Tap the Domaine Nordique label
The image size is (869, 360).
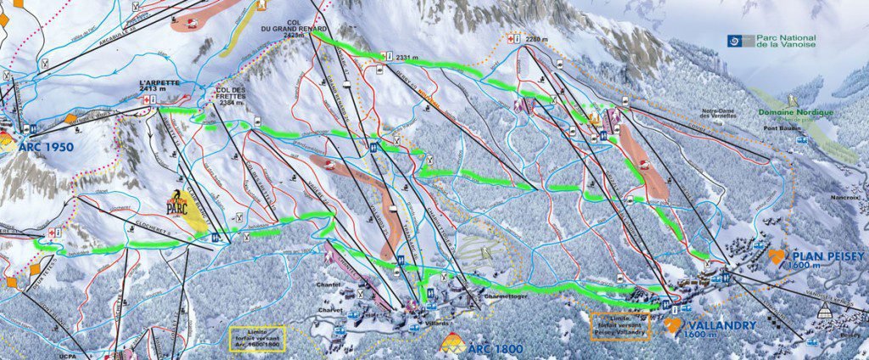[796, 113]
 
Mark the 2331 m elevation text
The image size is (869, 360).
[409, 56]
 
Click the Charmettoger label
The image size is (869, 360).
[485, 296]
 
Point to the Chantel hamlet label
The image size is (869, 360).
[328, 284]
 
